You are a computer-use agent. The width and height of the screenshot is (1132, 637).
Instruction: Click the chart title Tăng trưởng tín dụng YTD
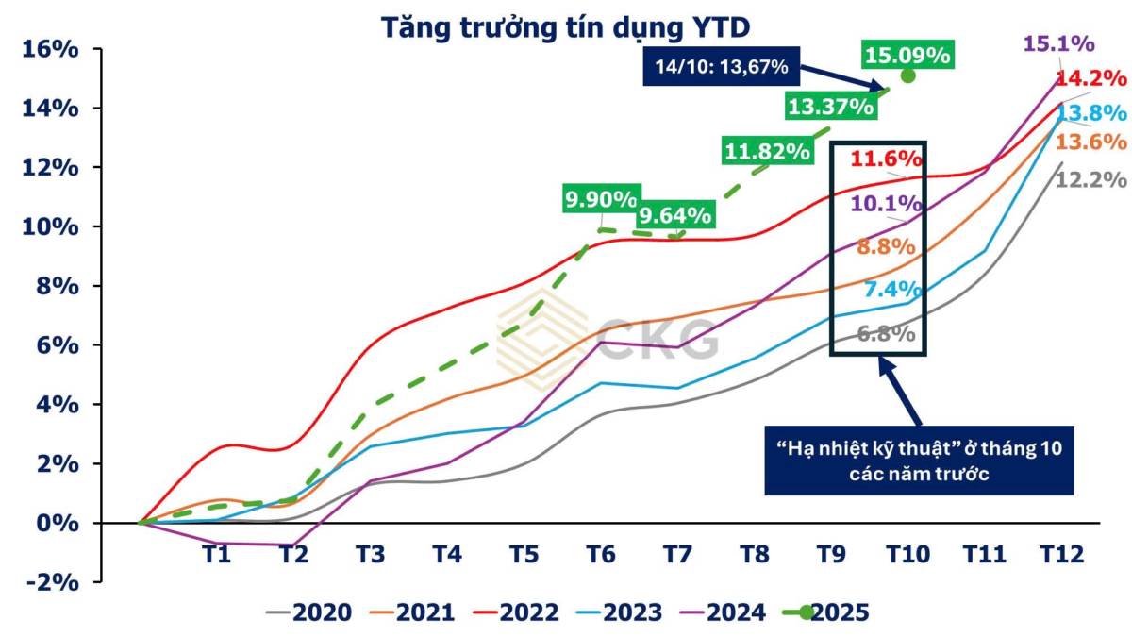[566, 26]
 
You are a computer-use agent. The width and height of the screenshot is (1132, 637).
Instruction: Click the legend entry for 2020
[310, 612]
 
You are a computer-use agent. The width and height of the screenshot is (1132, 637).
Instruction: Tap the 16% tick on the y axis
[48, 49]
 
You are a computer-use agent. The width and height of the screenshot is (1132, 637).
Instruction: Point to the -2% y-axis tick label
[48, 581]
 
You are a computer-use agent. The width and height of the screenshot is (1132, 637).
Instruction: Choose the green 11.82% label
[767, 150]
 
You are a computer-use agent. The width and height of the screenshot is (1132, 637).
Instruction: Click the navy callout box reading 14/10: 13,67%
[720, 67]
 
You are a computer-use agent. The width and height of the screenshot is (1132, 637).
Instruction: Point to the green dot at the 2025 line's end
[907, 75]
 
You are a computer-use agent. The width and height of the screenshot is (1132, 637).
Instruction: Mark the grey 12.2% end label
[1091, 178]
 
